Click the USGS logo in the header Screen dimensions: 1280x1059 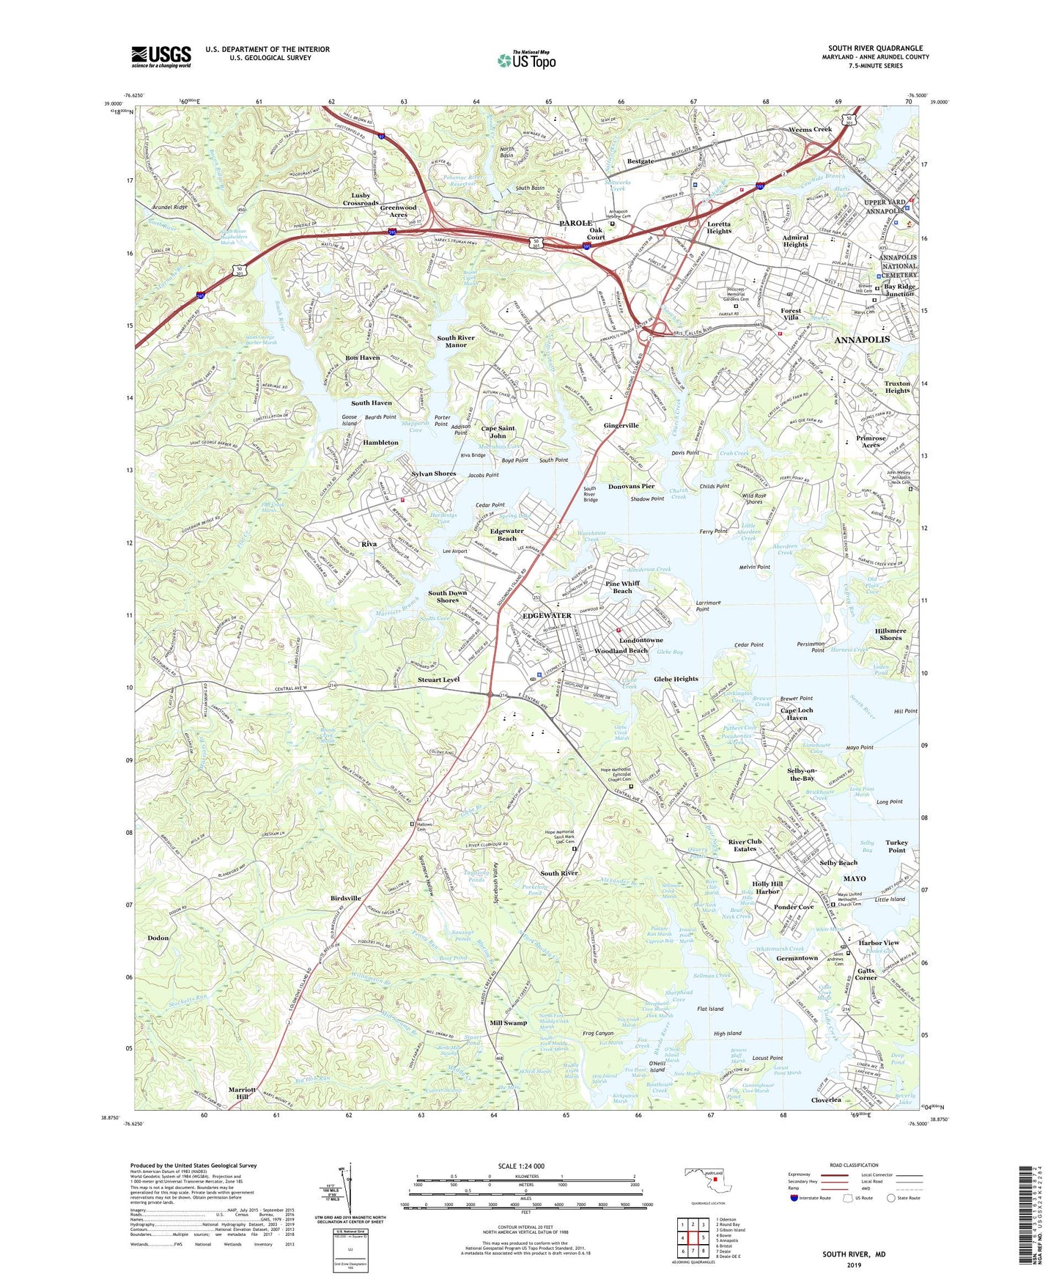tap(160, 56)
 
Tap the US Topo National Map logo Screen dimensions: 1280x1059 tap(526, 60)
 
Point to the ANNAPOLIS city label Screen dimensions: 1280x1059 tap(862, 340)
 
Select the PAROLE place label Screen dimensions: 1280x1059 tap(576, 223)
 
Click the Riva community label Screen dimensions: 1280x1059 tap(369, 544)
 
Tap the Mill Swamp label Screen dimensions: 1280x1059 tap(508, 1023)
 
